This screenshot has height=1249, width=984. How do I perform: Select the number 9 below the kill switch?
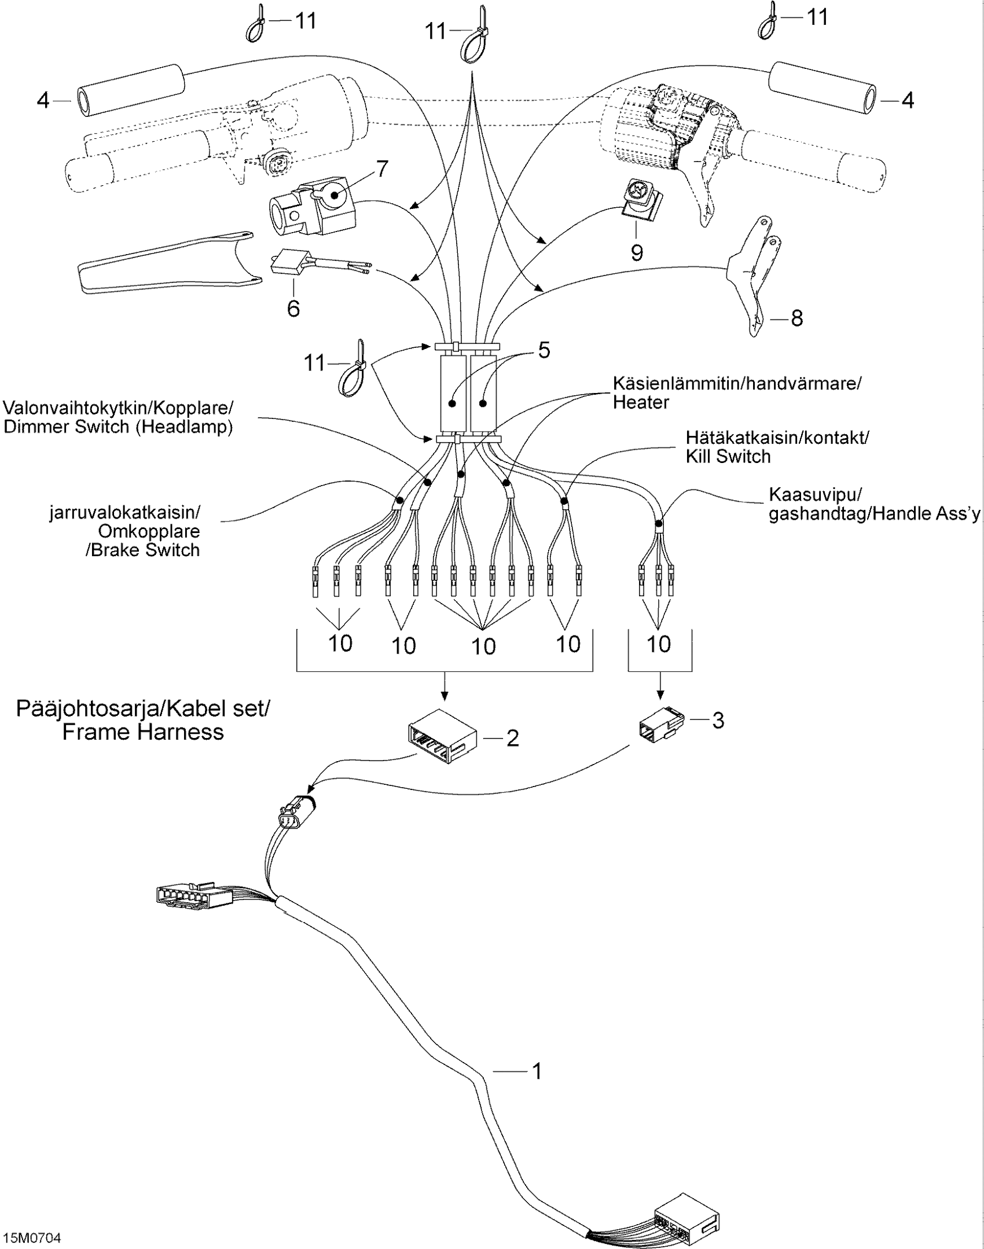point(637,252)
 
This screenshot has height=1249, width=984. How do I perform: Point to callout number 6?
point(293,308)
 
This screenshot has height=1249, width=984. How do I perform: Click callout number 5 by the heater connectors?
point(544,351)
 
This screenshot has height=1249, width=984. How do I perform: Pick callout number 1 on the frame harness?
point(537,1071)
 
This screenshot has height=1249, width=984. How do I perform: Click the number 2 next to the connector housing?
point(513,738)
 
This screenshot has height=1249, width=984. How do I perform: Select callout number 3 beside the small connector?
point(718,721)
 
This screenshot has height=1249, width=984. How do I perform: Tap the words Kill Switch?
point(728,457)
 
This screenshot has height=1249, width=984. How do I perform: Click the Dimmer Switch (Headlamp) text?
point(118,427)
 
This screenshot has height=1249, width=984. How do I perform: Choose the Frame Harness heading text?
point(142,732)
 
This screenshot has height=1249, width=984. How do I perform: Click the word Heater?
point(641,402)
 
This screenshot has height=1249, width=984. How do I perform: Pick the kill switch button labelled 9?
point(640,196)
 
